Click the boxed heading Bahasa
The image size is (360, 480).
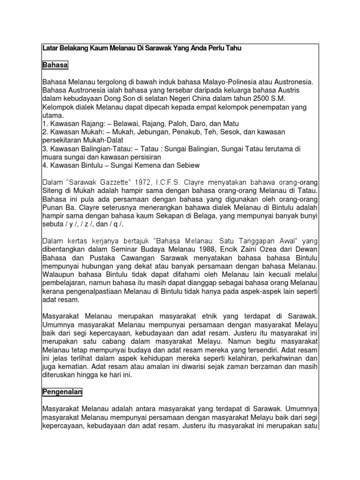(x=55, y=65)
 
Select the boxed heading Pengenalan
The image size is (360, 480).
(x=63, y=390)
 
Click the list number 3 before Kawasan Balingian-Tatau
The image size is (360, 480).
(x=44, y=149)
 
